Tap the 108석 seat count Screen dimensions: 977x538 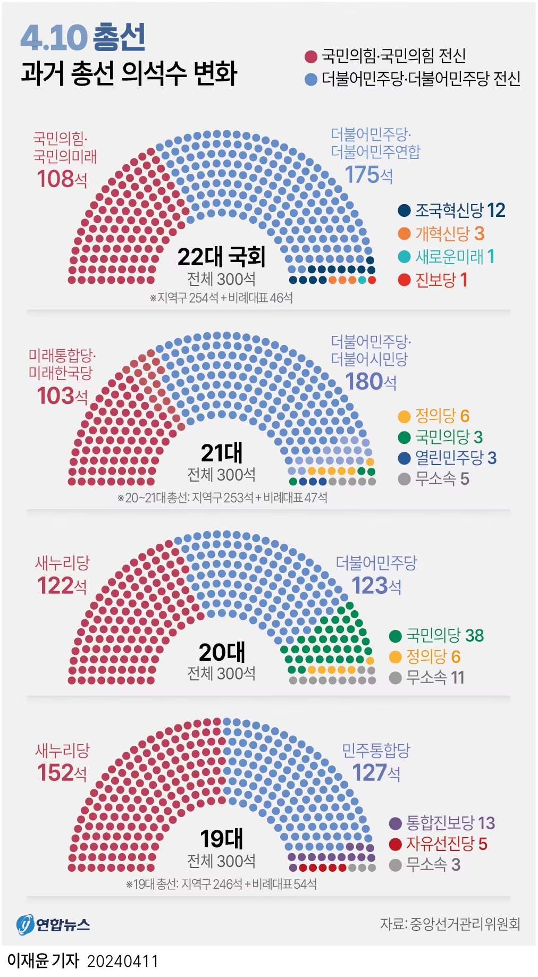click(62, 179)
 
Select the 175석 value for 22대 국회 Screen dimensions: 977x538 click(368, 174)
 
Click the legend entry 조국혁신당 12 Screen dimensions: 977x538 click(452, 210)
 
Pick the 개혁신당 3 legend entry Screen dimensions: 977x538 click(441, 233)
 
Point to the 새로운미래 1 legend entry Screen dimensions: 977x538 click(447, 257)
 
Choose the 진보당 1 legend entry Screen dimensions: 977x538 click(433, 280)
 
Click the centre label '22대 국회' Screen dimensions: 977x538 click(221, 257)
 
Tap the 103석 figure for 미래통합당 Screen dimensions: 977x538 click(62, 396)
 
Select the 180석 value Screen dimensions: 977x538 click(371, 382)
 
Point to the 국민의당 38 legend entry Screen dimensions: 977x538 click(436, 635)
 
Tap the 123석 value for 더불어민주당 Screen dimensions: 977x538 click(376, 586)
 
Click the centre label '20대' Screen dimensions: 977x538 click(222, 652)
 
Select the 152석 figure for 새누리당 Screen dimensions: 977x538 click(62, 773)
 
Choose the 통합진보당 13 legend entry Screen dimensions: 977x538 click(442, 823)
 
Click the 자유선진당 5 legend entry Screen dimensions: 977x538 click(439, 844)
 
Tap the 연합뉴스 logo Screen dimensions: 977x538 click(53, 925)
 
